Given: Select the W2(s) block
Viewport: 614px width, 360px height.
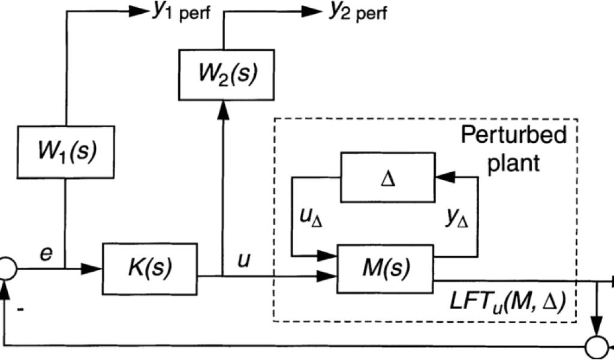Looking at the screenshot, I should click(x=224, y=74).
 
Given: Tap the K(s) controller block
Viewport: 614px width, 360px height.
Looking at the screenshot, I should click(x=150, y=268).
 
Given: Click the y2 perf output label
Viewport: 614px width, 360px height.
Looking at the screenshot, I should click(x=357, y=13).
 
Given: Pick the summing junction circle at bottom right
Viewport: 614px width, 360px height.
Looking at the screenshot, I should click(x=597, y=347).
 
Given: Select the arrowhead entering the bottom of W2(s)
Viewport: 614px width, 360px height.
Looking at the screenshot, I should click(x=224, y=107).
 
